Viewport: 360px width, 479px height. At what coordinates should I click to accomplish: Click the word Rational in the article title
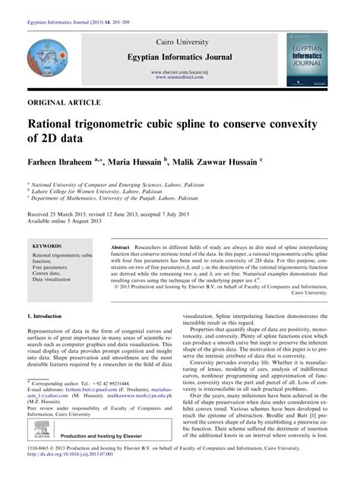pos(58,121)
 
